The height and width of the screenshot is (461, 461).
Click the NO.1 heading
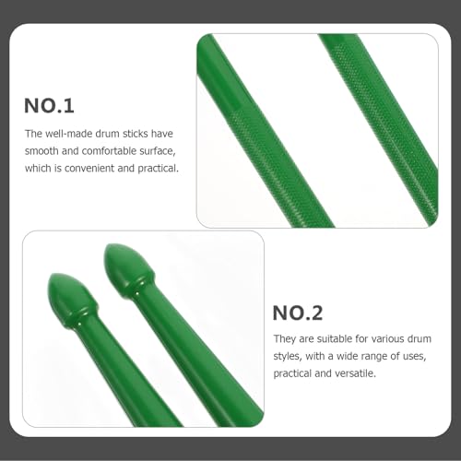pyautogui.click(x=49, y=106)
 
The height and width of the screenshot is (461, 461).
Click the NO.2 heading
pyautogui.click(x=298, y=313)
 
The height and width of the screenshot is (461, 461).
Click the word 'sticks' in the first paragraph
pyautogui.click(x=136, y=134)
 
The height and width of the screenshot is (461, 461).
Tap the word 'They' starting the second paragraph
pyautogui.click(x=285, y=339)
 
